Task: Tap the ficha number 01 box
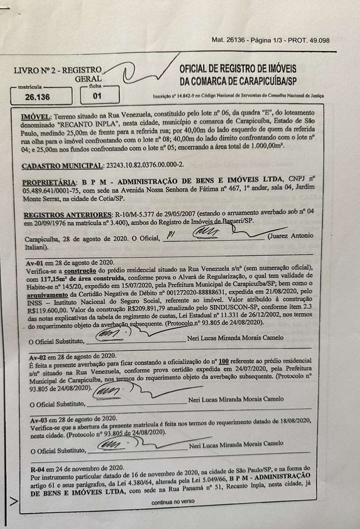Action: tap(97, 97)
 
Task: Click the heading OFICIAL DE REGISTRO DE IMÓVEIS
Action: tap(238, 69)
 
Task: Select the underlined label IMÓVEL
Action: tap(37, 115)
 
